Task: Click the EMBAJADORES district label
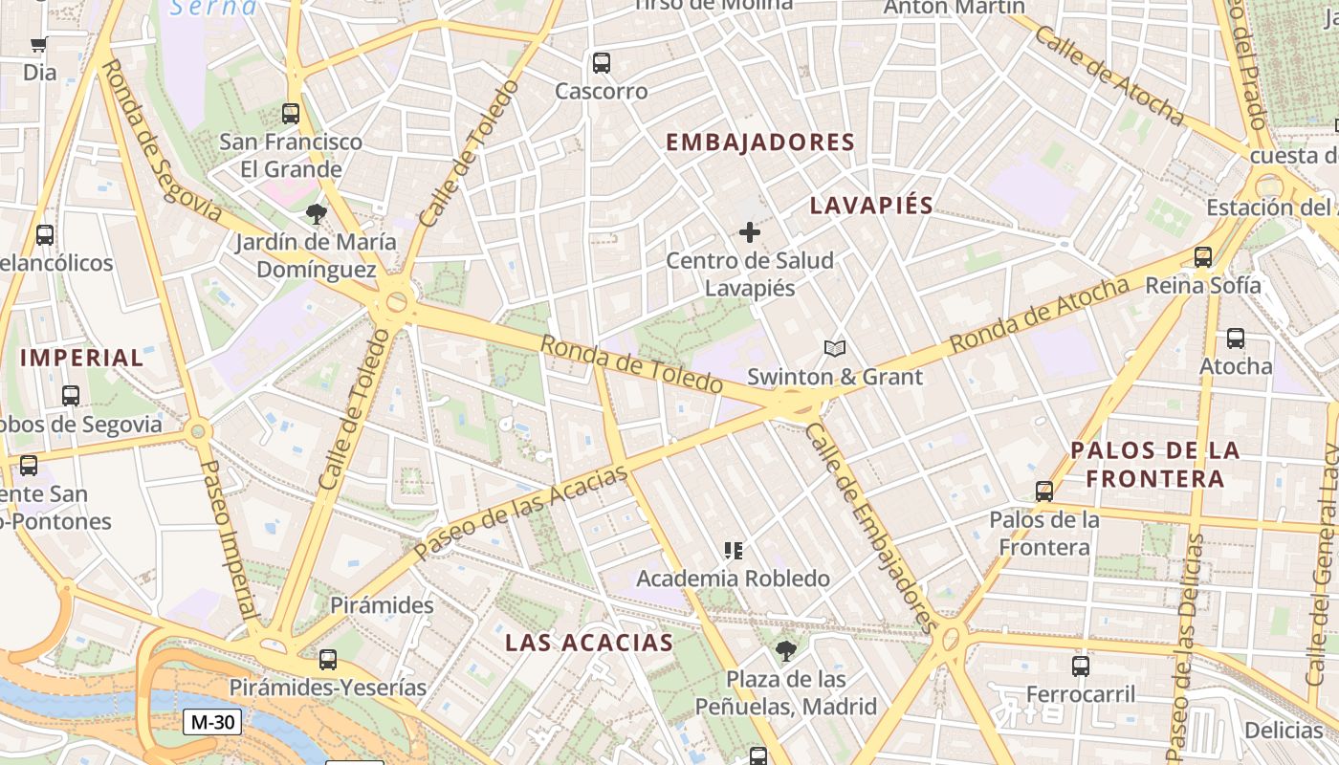click(759, 142)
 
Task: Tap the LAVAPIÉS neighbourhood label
click(871, 206)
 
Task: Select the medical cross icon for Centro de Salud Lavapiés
click(750, 232)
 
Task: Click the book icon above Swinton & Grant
click(835, 349)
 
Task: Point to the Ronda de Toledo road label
click(631, 364)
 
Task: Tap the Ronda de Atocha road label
click(1040, 315)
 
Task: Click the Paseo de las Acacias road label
click(522, 514)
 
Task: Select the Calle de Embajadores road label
click(868, 527)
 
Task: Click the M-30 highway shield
click(211, 722)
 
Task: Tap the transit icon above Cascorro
click(602, 63)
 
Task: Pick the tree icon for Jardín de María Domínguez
click(316, 214)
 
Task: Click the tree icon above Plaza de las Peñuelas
click(786, 651)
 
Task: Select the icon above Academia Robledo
click(734, 551)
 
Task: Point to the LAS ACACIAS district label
click(589, 643)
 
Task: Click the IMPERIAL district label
click(81, 359)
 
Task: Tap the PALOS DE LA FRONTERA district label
click(1154, 464)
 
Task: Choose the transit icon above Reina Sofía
click(1203, 257)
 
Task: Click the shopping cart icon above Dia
click(39, 44)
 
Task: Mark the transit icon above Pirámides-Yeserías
click(328, 659)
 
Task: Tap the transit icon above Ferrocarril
click(1081, 666)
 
